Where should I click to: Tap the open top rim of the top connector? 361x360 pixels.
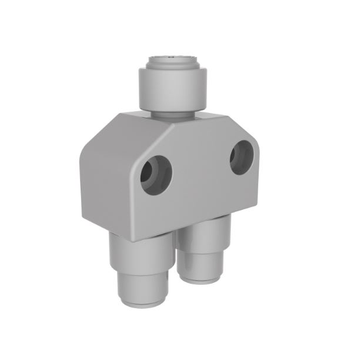(173, 59)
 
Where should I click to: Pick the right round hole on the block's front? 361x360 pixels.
(241, 158)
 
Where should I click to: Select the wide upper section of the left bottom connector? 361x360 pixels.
(141, 253)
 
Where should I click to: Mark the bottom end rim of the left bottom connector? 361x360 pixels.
(143, 302)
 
